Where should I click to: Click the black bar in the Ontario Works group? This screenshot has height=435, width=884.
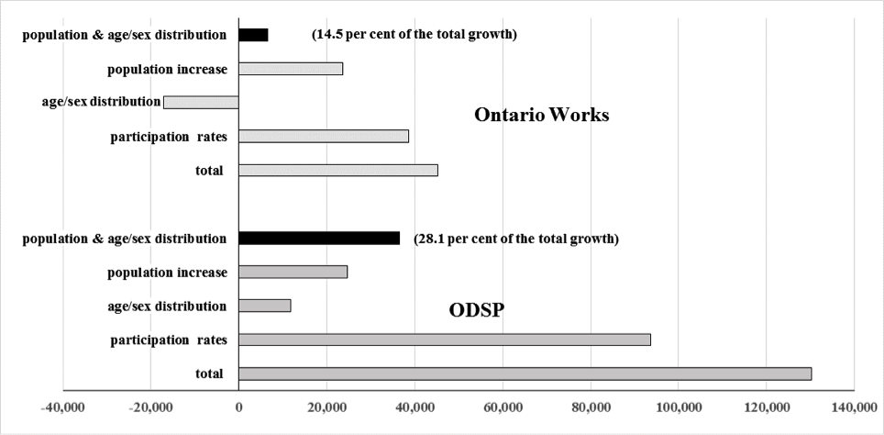253,35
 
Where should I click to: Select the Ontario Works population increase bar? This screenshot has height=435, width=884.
291,69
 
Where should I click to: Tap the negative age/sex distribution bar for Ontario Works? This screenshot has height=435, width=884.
201,102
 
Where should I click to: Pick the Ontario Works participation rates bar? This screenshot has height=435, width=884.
324,136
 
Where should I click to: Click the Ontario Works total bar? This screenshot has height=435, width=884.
338,170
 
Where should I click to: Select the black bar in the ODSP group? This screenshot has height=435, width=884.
319,239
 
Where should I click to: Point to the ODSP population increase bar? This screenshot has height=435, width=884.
293,272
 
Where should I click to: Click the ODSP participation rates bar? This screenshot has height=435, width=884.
445,340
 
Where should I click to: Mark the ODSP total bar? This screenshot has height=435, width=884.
525,374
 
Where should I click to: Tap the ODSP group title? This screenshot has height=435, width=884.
478,309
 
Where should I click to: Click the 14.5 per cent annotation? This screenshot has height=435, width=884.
414,35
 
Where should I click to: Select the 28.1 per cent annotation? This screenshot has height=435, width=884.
516,239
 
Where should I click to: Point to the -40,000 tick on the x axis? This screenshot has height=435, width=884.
62,407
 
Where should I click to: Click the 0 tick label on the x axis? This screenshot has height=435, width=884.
238,407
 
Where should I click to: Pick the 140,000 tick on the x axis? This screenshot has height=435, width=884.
854,407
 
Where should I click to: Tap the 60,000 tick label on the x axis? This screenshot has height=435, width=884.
503,407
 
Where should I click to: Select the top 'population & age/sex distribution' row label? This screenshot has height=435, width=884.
125,35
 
